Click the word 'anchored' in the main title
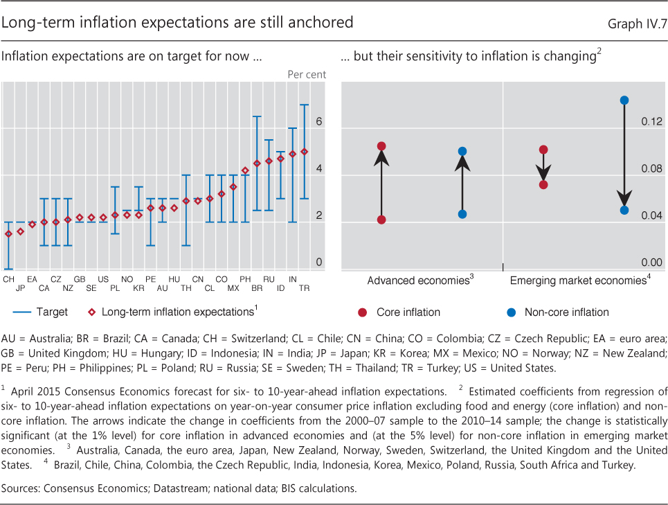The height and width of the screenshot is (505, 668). coord(320,23)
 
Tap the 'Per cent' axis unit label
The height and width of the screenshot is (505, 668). coord(307,74)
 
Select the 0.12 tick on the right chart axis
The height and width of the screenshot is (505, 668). coord(651,121)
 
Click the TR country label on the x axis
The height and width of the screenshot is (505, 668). coord(304,287)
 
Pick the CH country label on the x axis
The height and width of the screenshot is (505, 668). coord(8,278)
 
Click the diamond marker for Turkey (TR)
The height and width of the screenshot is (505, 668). coord(304,152)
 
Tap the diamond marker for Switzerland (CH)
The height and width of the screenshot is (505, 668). coord(8,234)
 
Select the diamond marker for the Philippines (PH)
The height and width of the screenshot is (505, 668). coord(245,170)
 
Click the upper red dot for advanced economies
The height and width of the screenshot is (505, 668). coord(381,146)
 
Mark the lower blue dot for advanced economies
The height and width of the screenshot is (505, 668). coord(462,214)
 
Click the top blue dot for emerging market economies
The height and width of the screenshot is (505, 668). coord(624,100)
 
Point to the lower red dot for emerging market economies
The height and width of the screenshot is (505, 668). coord(544,184)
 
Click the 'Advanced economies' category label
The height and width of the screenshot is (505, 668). coord(417,281)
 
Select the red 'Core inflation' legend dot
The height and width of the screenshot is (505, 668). coord(362,312)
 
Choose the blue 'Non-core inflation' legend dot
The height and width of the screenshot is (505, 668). coord(511,312)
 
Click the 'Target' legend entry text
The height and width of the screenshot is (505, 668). coord(51,312)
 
